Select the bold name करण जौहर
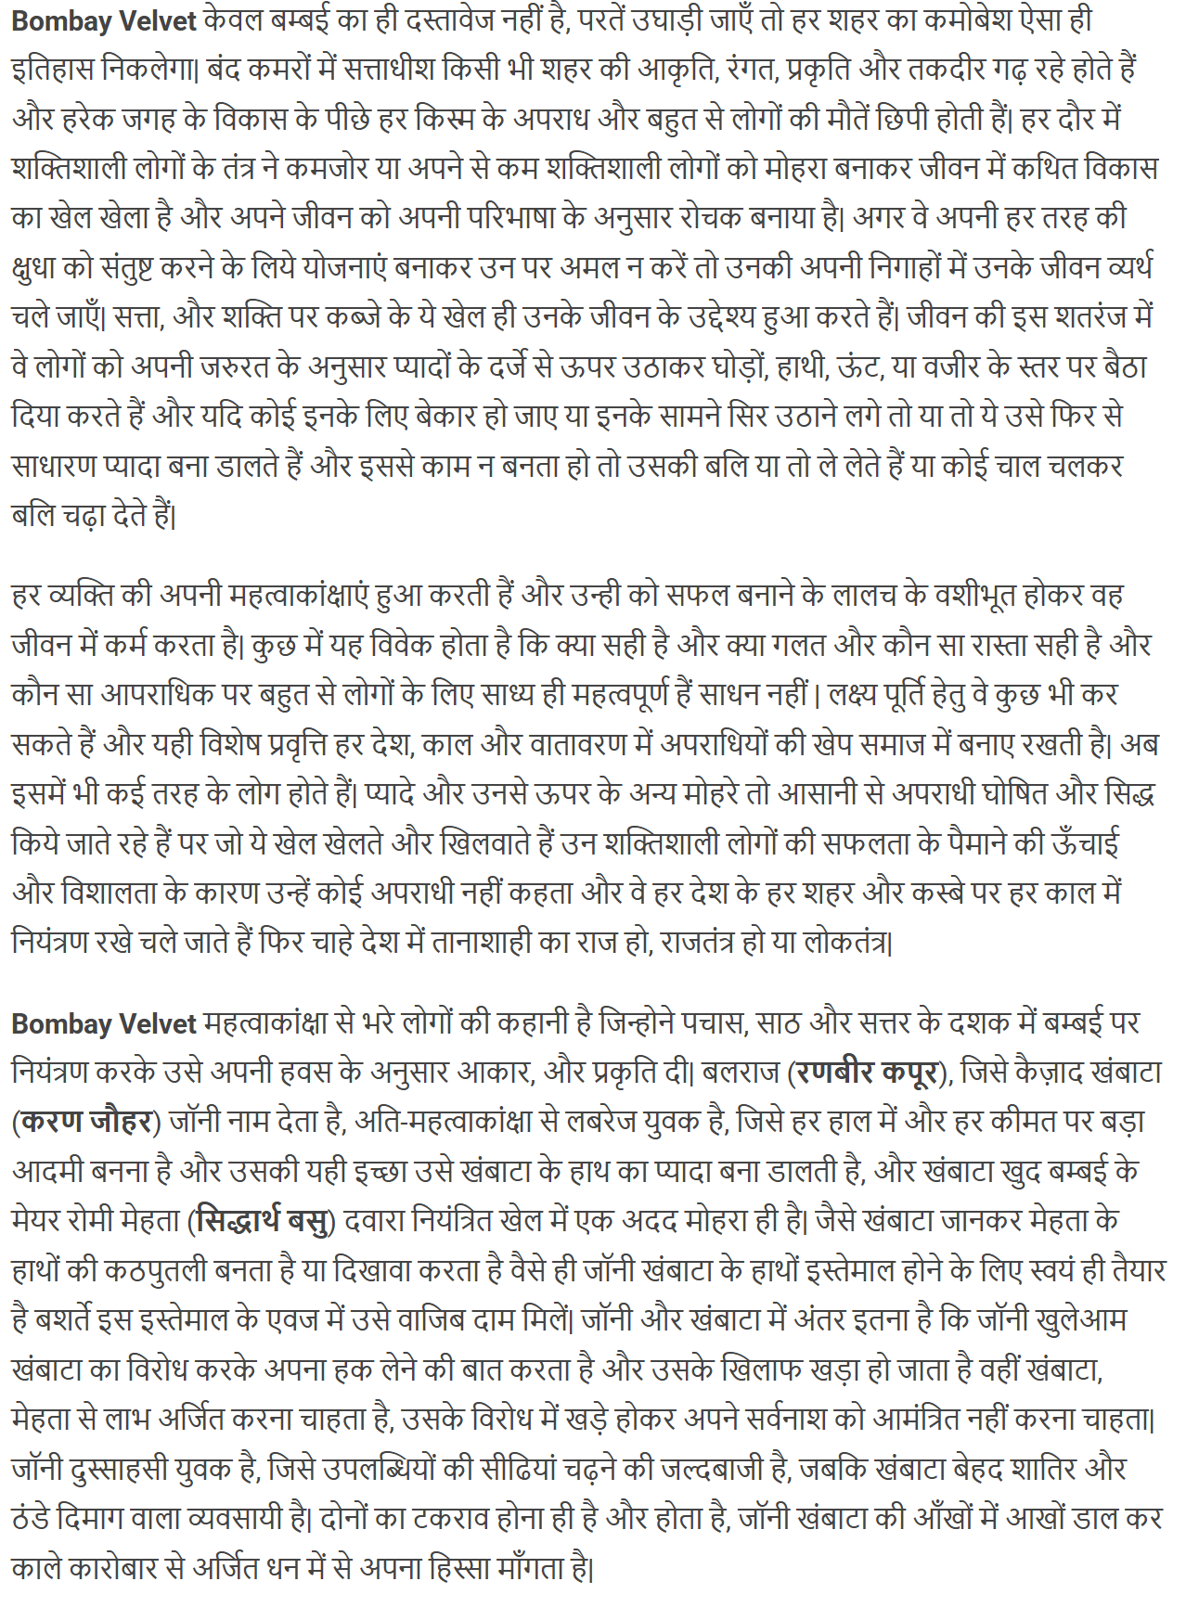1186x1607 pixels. (86, 1123)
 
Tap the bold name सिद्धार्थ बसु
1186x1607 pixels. (264, 1222)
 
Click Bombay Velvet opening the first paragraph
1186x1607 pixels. (104, 20)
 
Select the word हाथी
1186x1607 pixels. (797, 367)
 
